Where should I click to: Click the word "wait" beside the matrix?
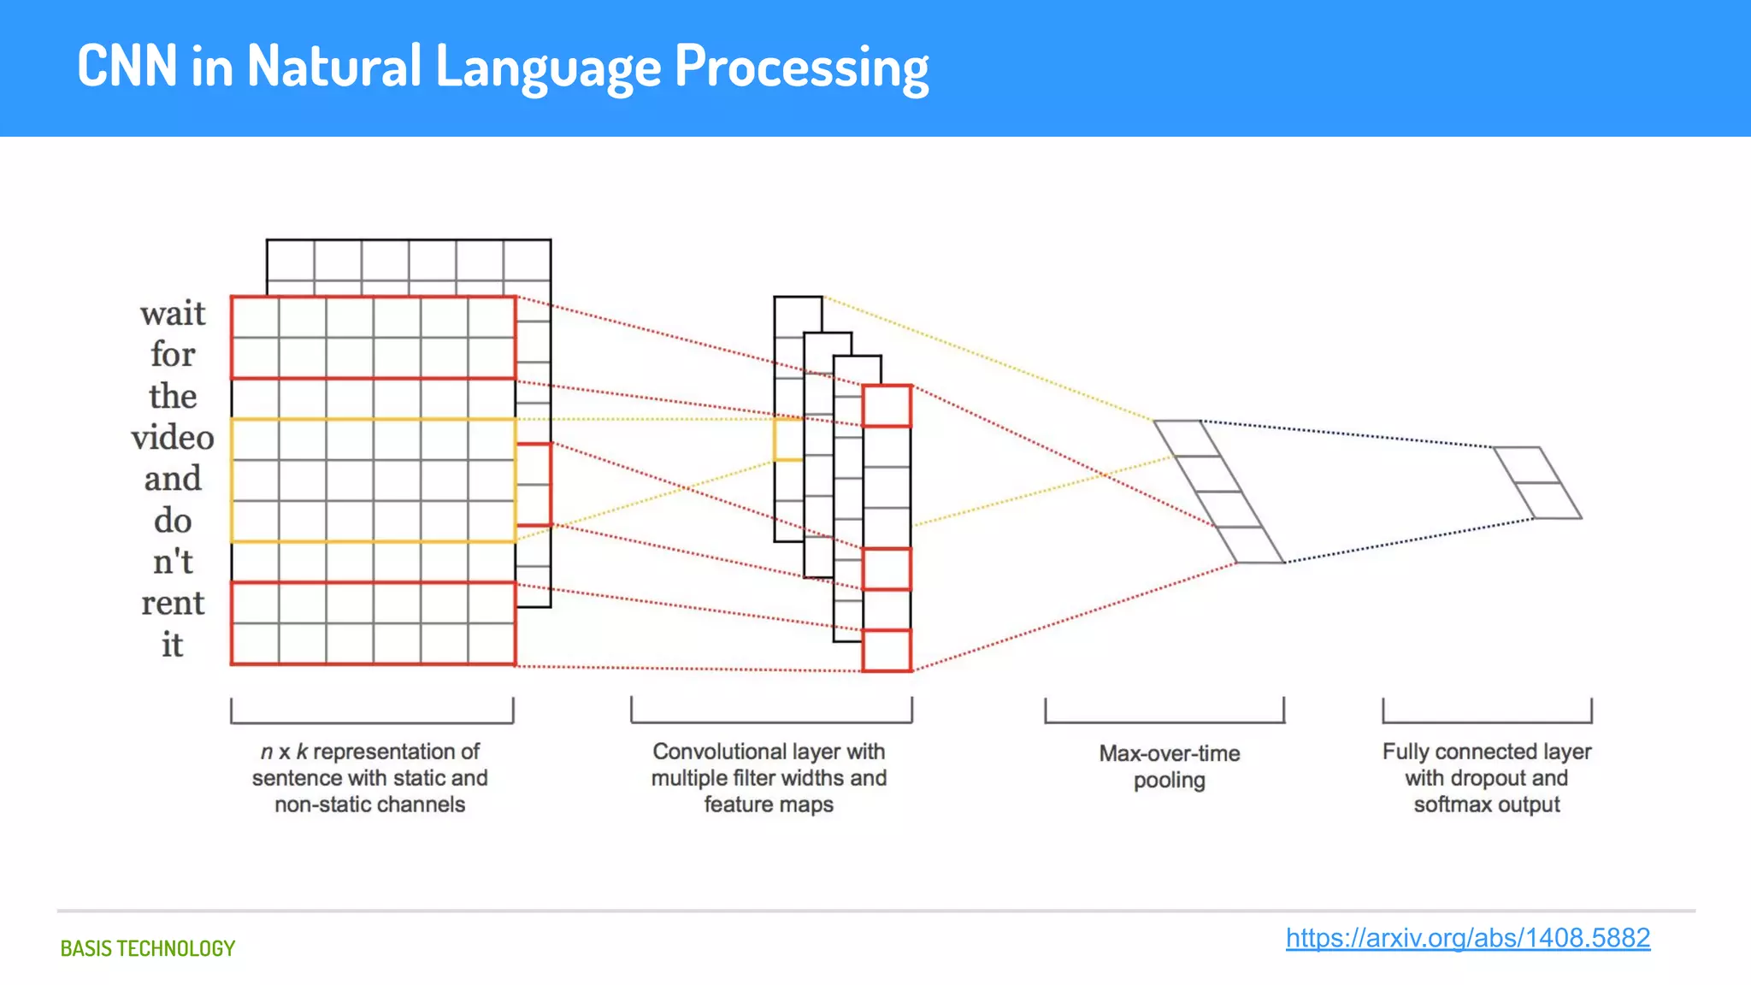coord(173,314)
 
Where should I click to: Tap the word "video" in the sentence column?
coord(173,438)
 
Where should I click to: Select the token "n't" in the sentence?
coord(173,562)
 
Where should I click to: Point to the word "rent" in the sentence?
coord(173,604)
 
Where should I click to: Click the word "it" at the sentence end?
coord(173,645)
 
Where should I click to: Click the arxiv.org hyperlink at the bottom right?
coord(1467,938)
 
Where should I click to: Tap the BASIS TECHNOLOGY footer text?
coord(147,948)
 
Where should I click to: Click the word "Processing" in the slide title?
coord(801,67)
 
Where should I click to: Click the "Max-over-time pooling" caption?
coord(1169,766)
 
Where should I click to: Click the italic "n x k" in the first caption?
coord(283,752)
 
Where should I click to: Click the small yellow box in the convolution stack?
coord(787,439)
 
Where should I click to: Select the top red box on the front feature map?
coord(887,406)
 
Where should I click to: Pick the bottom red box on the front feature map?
coord(887,651)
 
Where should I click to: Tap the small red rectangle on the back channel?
coord(534,484)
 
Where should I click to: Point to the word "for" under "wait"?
coord(173,355)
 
